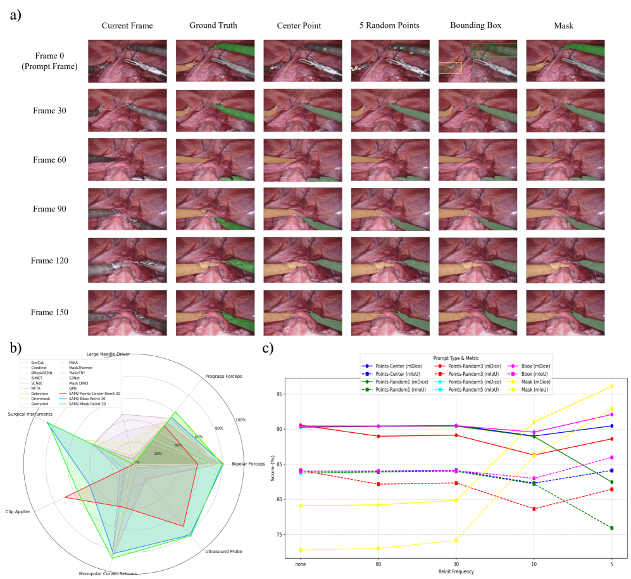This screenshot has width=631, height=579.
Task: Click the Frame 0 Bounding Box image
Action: tap(477, 61)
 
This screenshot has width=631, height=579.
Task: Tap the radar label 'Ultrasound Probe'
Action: tap(223, 551)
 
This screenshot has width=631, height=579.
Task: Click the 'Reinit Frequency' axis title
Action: tap(455, 571)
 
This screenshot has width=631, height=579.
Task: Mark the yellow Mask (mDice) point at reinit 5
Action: tap(611, 386)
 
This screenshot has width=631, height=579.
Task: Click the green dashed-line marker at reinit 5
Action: tap(611, 528)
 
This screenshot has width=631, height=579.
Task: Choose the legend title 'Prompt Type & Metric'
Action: tap(455, 358)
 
